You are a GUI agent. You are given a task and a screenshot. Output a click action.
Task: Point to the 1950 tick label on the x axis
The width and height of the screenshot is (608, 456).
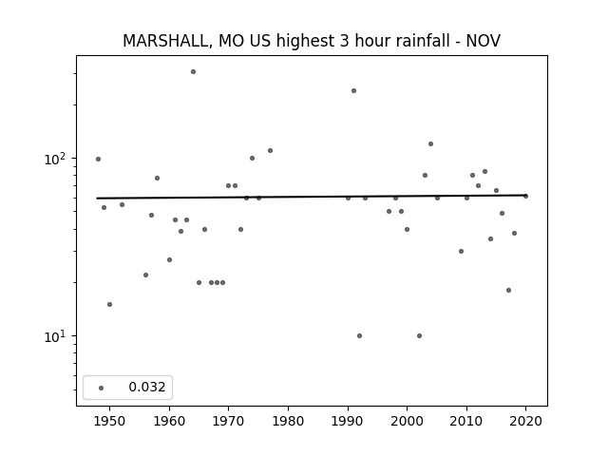click(x=110, y=421)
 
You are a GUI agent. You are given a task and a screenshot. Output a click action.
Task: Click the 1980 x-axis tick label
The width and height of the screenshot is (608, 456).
click(x=288, y=421)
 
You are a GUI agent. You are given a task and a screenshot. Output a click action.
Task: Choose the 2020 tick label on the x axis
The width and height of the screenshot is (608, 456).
click(x=525, y=421)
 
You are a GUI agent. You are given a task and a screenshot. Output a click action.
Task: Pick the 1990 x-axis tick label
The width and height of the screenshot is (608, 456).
click(x=348, y=421)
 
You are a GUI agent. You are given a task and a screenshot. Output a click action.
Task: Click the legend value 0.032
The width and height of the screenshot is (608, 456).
click(x=147, y=387)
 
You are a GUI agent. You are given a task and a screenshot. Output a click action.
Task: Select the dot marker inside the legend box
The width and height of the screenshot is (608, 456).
click(x=102, y=388)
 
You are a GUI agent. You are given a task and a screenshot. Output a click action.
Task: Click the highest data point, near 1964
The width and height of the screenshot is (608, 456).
click(x=193, y=72)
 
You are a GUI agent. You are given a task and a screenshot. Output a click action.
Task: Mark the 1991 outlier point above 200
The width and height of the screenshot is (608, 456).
click(x=353, y=91)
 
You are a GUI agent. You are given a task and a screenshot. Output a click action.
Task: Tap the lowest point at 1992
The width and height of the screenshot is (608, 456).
click(x=359, y=335)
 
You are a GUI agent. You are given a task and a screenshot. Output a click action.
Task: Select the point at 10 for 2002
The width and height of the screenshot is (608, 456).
click(x=419, y=335)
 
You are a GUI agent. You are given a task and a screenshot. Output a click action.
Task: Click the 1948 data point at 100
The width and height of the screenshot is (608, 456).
click(x=98, y=159)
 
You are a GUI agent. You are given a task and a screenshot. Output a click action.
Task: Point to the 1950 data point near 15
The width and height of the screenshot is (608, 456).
click(x=110, y=304)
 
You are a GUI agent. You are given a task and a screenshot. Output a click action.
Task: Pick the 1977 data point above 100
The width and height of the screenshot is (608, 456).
click(x=270, y=150)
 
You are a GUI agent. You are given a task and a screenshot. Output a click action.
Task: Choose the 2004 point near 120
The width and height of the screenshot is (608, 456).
click(x=430, y=143)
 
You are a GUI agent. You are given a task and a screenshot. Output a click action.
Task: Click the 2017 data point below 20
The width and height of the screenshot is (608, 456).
click(x=509, y=290)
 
